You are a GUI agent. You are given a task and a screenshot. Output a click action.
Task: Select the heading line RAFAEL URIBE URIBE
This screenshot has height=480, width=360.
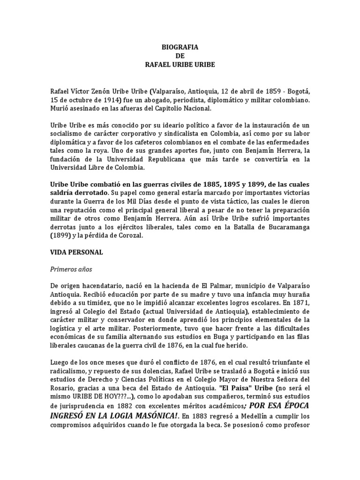(180, 64)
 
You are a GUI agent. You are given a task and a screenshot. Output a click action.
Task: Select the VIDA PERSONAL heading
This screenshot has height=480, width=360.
(76, 253)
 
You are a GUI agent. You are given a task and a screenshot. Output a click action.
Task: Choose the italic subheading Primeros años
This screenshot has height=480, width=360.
(71, 270)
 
